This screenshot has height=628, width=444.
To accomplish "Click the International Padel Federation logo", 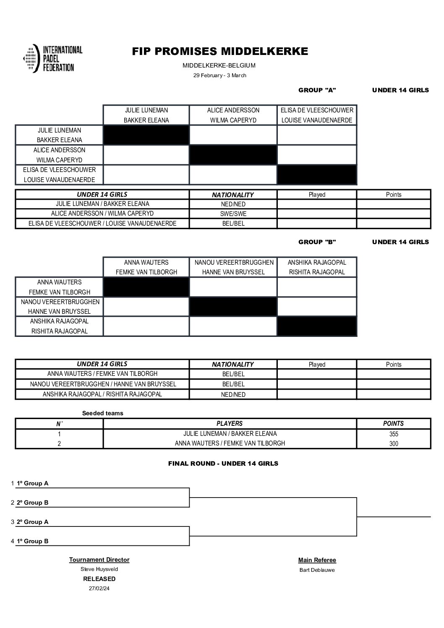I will pos(53,59).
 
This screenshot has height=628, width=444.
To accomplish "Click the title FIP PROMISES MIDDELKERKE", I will pos(220,52).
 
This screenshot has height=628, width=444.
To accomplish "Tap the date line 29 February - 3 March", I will pos(219,76).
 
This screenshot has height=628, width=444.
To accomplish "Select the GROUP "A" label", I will pos(317,90).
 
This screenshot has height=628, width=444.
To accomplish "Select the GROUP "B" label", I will pos(317,242).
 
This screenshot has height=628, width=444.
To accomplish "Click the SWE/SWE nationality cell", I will pos(233,214).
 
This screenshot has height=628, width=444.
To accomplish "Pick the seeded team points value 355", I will pos(393,434).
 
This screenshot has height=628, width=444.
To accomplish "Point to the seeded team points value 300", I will pos(393,444).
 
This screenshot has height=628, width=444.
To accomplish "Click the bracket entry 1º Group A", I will pos(32,483).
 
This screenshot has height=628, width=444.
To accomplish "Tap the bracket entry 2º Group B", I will pos(32,503).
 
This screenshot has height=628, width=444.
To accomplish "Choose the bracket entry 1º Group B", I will pos(32,541).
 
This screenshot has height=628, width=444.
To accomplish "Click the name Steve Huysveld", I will pos(99,569).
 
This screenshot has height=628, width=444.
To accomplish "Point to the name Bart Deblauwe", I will pos(317,570).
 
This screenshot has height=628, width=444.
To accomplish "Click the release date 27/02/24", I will pos(99,588).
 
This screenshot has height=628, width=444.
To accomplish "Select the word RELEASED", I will pos(99,579).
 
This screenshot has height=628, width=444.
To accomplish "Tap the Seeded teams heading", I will pos(102,413).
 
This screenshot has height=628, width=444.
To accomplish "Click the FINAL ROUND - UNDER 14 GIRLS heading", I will pos(223,464).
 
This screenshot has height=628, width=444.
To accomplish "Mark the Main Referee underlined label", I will pos(317,560).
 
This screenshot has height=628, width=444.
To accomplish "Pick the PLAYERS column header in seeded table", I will pos(230,424).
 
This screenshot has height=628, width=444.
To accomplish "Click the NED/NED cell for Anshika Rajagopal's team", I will pos(233,395).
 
